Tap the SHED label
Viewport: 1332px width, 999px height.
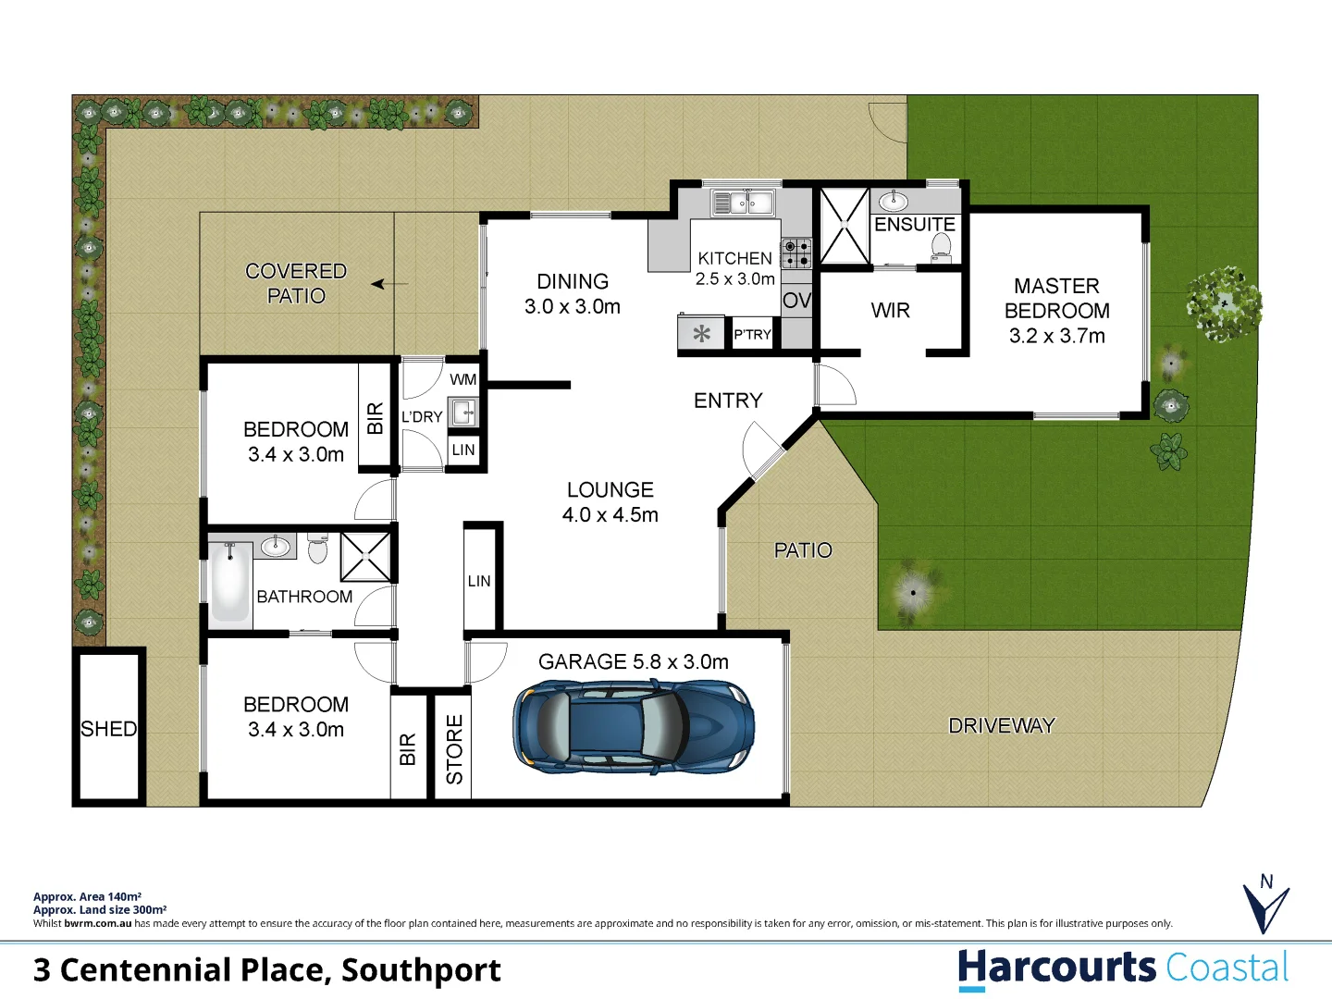point(108,729)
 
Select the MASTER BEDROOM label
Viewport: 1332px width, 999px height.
point(1056,311)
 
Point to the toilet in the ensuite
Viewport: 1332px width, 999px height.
point(941,245)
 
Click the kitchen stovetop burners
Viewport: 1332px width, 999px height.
point(796,253)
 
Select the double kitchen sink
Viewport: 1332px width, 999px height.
point(743,202)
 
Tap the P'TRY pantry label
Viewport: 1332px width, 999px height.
point(752,335)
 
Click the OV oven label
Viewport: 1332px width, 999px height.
point(796,301)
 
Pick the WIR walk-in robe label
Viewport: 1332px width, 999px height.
point(890,311)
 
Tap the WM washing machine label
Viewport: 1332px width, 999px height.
point(463,379)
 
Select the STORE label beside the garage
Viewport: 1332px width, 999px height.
point(454,749)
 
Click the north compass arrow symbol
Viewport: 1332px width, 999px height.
point(1265,906)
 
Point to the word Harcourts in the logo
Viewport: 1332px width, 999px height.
point(1056,968)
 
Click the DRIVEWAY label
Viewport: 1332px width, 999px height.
point(1002,726)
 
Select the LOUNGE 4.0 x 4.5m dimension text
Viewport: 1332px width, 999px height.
point(610,515)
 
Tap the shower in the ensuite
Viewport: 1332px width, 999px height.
point(845,227)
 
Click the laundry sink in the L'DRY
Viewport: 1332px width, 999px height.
point(463,413)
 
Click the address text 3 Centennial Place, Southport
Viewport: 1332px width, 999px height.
point(266,970)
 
